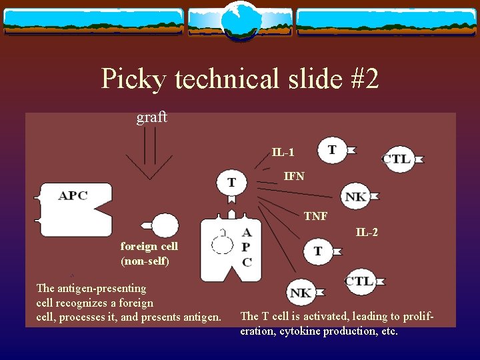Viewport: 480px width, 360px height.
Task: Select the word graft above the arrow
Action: (x=151, y=118)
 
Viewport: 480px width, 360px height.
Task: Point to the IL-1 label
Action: (x=283, y=153)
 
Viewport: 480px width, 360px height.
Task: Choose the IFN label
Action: (x=294, y=177)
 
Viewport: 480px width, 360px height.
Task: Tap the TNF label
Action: (x=315, y=216)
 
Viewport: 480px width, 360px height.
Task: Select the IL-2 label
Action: (x=367, y=233)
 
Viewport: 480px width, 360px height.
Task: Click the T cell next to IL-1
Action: (x=333, y=149)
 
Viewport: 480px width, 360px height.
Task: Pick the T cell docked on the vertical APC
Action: (x=231, y=182)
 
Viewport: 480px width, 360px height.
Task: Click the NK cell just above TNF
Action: (x=356, y=196)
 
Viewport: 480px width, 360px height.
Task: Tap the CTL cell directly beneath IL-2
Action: (x=359, y=281)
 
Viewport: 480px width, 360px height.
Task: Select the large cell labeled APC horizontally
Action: (x=73, y=207)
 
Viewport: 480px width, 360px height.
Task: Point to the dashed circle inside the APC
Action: (x=222, y=242)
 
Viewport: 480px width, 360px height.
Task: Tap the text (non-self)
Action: (x=145, y=261)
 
